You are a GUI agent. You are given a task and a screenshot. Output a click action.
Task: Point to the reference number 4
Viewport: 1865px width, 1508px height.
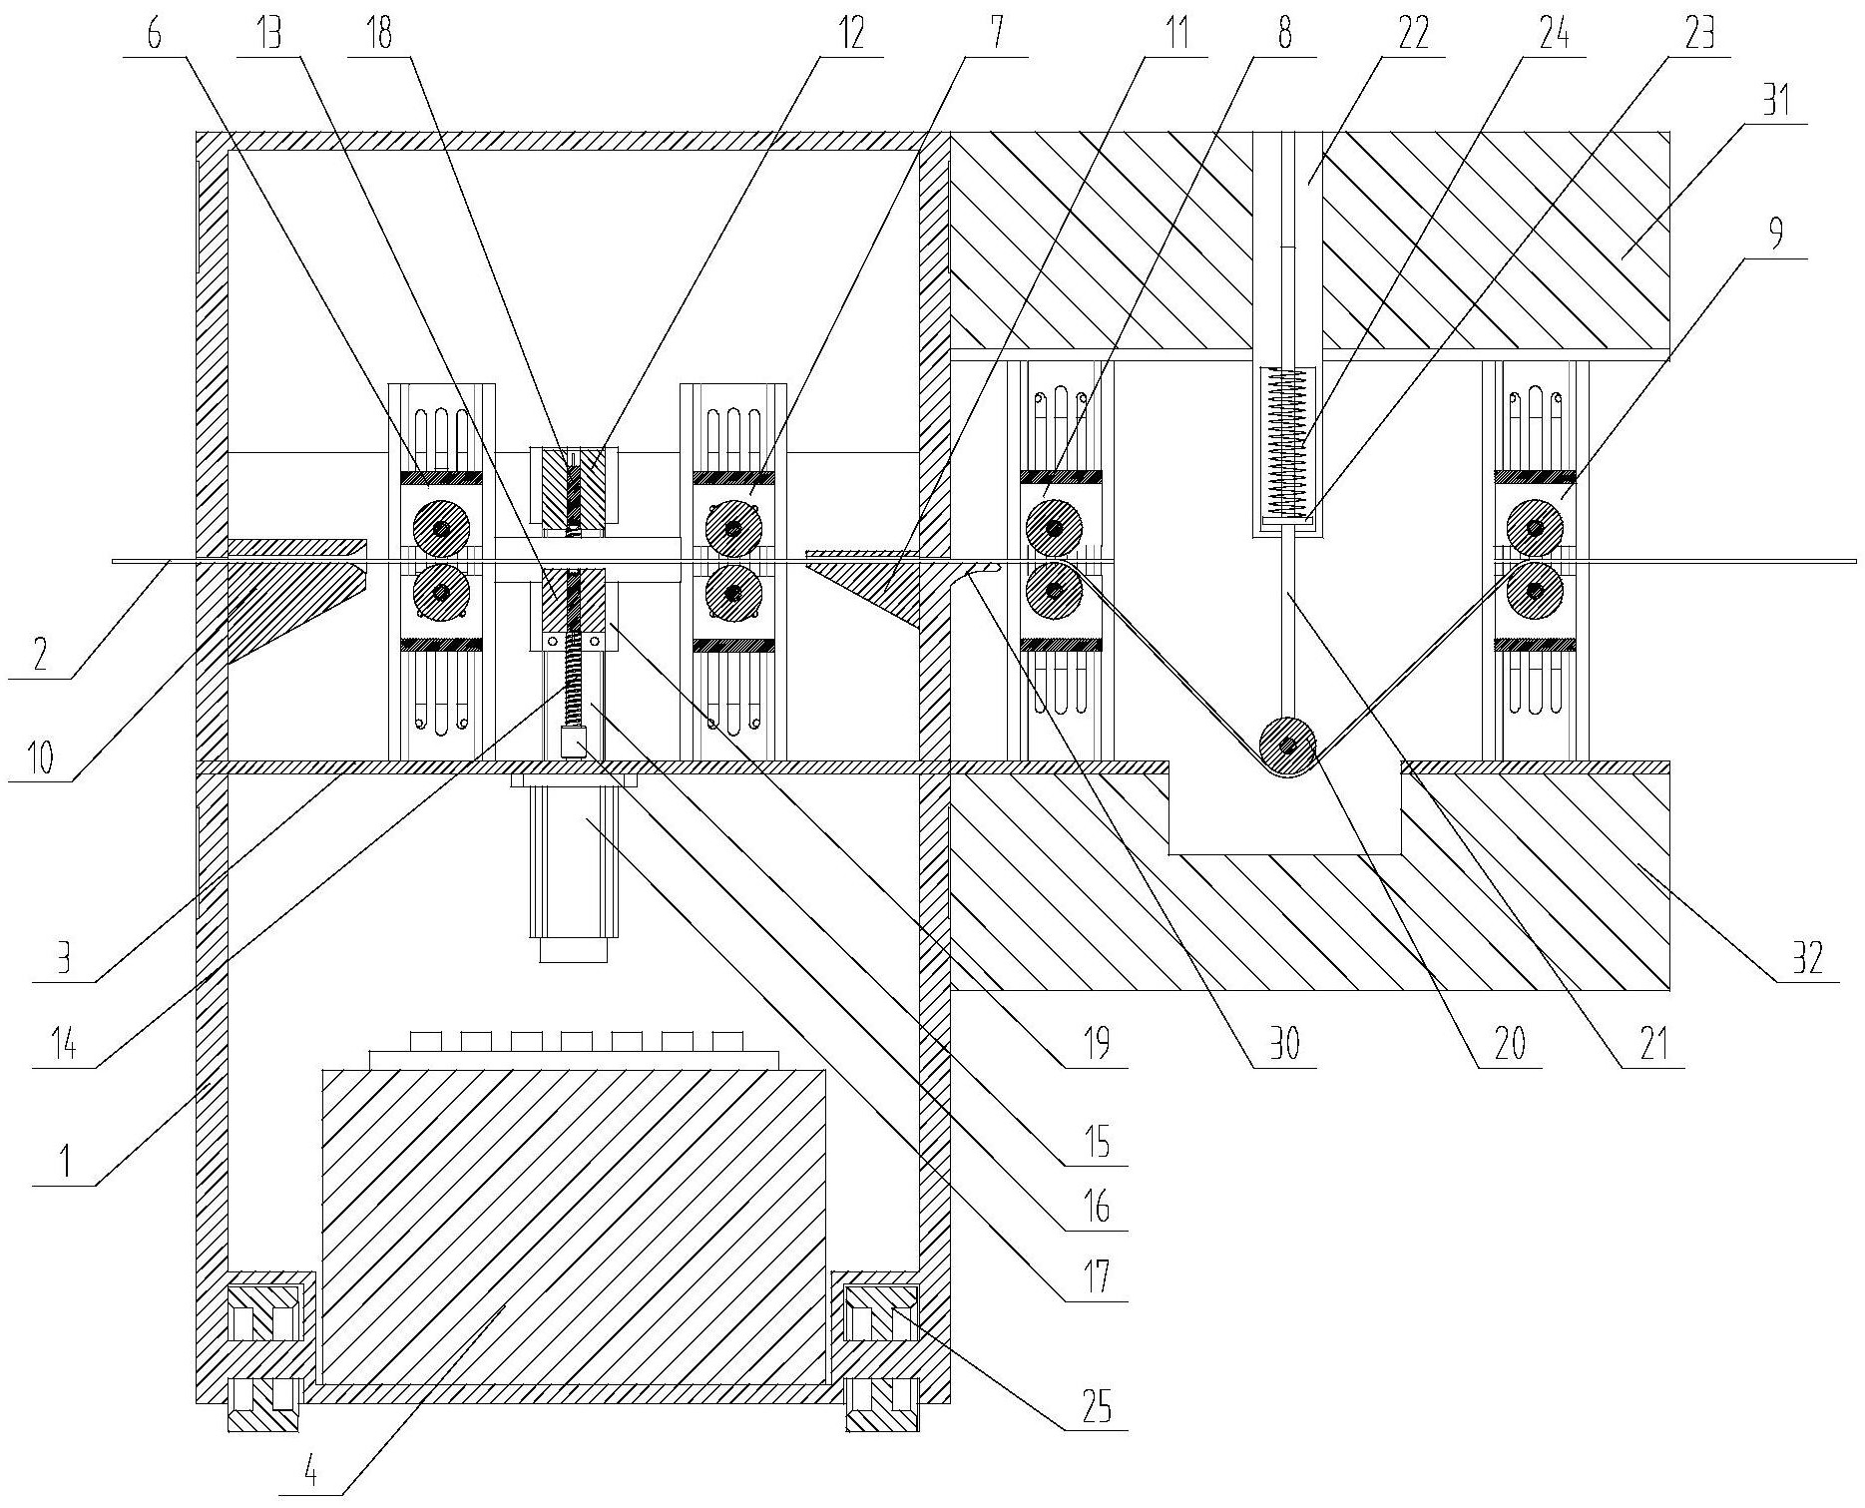[311, 1474]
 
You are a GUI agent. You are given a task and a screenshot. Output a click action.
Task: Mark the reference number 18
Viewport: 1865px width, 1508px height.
[380, 35]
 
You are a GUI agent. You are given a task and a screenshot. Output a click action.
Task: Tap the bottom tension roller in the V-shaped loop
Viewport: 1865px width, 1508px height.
[1288, 747]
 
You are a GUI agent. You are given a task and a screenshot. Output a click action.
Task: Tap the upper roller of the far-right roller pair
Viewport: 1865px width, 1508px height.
[1535, 526]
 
